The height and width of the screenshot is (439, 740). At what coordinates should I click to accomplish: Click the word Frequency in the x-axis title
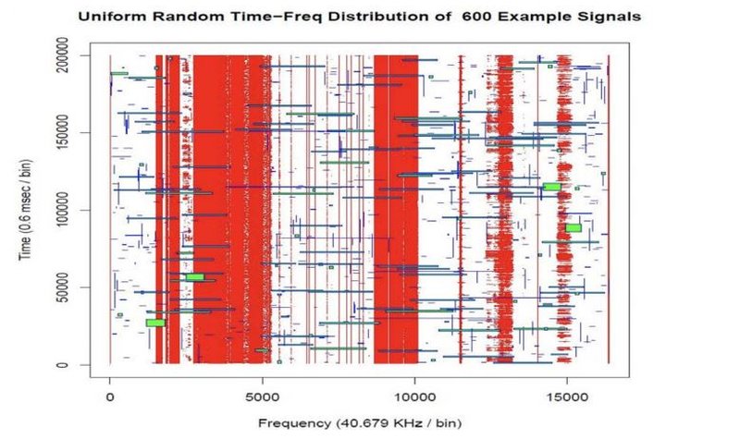(295, 422)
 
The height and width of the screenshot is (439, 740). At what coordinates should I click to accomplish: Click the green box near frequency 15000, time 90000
(573, 227)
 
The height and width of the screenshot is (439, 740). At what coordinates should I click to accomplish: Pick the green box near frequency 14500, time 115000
(551, 187)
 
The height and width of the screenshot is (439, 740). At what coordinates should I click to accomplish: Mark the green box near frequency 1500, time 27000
(154, 323)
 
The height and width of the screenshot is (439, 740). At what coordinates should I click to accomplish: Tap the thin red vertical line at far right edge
(609, 210)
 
